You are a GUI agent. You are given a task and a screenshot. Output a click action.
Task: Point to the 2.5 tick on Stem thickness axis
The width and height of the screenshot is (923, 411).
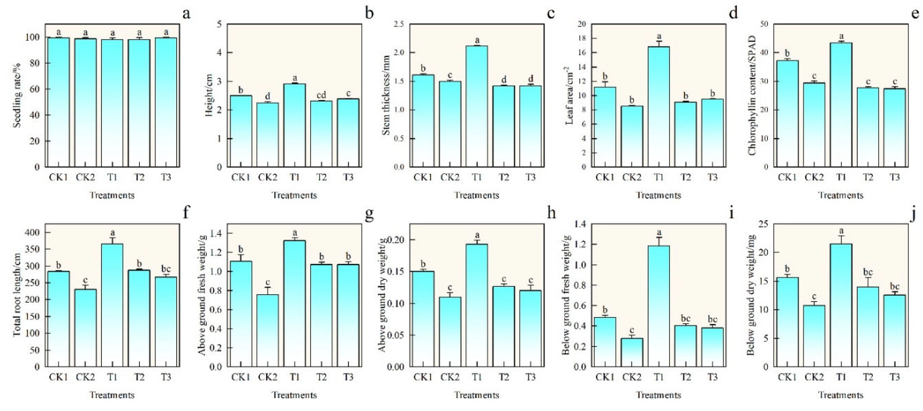pyautogui.click(x=398, y=24)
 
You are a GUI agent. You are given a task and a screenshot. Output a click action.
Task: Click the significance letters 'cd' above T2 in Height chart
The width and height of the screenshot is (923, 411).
pyautogui.click(x=321, y=95)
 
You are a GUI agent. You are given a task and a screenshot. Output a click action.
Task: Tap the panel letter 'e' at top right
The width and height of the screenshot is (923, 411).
pyautogui.click(x=915, y=14)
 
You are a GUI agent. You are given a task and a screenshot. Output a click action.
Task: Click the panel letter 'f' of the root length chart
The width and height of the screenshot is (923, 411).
pyautogui.click(x=186, y=213)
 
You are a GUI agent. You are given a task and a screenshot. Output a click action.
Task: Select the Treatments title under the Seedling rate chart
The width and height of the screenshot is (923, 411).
pyautogui.click(x=112, y=195)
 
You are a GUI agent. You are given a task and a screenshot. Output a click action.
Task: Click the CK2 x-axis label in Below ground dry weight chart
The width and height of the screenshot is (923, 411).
pyautogui.click(x=814, y=377)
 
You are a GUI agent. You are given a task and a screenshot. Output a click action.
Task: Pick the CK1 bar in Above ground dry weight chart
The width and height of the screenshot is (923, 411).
pyautogui.click(x=423, y=319)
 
